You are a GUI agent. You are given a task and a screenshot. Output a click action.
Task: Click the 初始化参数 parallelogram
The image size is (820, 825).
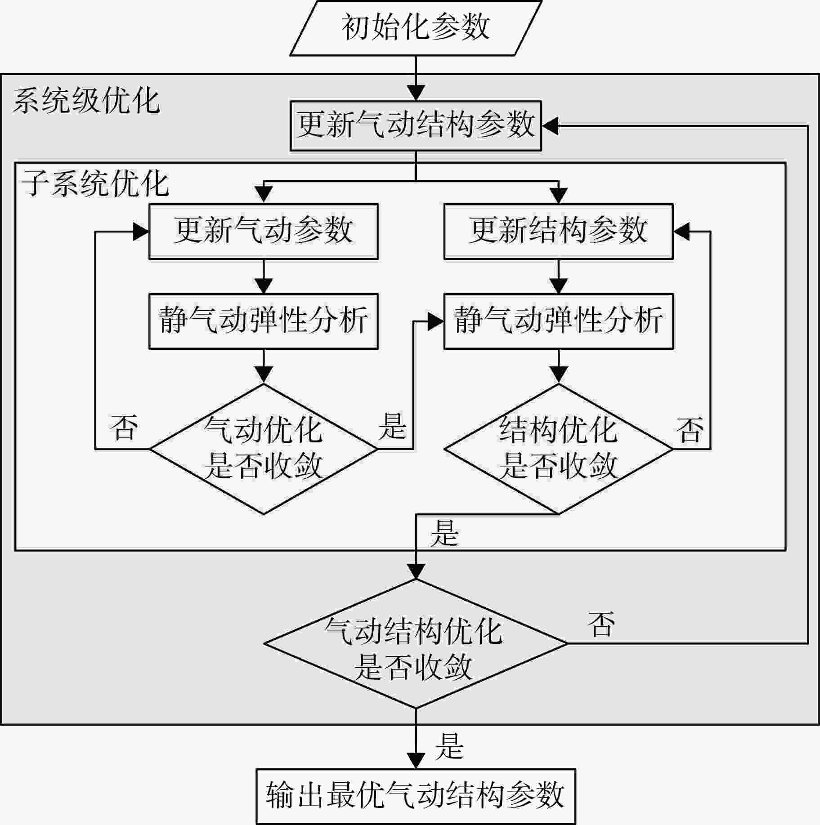pyautogui.click(x=416, y=28)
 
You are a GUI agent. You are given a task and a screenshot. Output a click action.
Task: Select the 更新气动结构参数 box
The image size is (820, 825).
pyautogui.click(x=416, y=126)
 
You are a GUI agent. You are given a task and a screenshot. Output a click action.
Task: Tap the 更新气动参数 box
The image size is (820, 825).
pyautogui.click(x=264, y=232)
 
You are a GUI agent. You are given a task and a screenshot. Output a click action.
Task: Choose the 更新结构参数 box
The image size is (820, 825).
pyautogui.click(x=559, y=232)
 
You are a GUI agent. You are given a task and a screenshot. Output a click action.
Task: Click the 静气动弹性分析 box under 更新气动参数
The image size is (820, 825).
pyautogui.click(x=264, y=321)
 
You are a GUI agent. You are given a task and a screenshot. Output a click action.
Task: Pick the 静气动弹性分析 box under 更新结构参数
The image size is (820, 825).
pyautogui.click(x=559, y=321)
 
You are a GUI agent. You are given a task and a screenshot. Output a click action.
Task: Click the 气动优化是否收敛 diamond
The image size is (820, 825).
pyautogui.click(x=264, y=449)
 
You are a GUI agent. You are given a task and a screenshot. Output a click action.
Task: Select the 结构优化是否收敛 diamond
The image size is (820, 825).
pyautogui.click(x=559, y=449)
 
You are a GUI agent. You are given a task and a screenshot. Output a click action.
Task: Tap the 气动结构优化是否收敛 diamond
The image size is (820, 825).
pyautogui.click(x=416, y=644)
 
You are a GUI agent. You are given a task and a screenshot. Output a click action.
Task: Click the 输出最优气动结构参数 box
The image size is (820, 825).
pyautogui.click(x=416, y=796)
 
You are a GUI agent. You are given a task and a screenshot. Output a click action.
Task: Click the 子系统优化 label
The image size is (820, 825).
pyautogui.click(x=95, y=183)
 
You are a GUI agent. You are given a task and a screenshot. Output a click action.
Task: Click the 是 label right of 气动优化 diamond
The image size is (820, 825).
pyautogui.click(x=392, y=426)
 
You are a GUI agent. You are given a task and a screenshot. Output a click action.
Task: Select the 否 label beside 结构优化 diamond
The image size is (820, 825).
pyautogui.click(x=689, y=430)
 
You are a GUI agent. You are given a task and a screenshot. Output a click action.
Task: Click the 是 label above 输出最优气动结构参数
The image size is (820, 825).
pyautogui.click(x=449, y=746)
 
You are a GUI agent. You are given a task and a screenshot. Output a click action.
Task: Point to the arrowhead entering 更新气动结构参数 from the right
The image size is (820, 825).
pyautogui.click(x=550, y=126)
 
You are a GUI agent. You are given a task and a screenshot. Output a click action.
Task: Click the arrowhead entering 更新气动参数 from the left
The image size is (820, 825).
pyautogui.click(x=140, y=232)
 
